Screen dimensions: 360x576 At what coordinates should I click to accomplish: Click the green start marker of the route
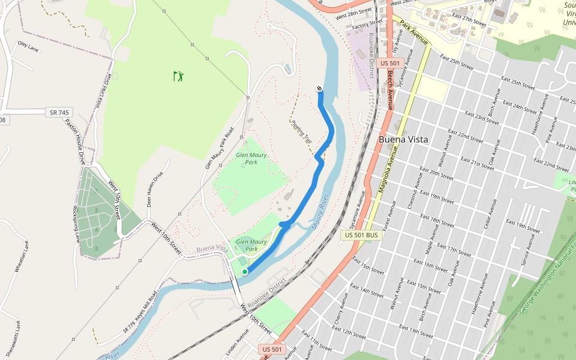point(245,272)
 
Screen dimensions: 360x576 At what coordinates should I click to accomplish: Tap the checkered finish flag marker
point(319,89)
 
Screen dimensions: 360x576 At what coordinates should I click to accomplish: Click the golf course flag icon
point(178,76)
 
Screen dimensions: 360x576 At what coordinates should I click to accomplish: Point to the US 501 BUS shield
point(362,235)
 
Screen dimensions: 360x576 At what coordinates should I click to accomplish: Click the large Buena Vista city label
point(403,139)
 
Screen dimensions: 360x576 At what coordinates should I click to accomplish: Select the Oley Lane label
point(28,46)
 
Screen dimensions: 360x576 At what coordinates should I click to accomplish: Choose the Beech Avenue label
point(389,89)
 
